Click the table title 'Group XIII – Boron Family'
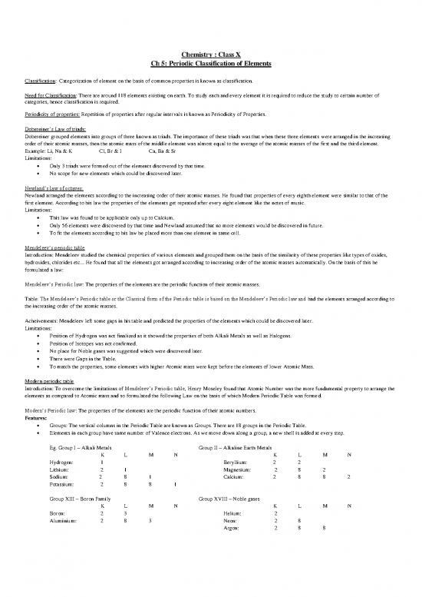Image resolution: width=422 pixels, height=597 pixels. (x=83, y=499)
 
